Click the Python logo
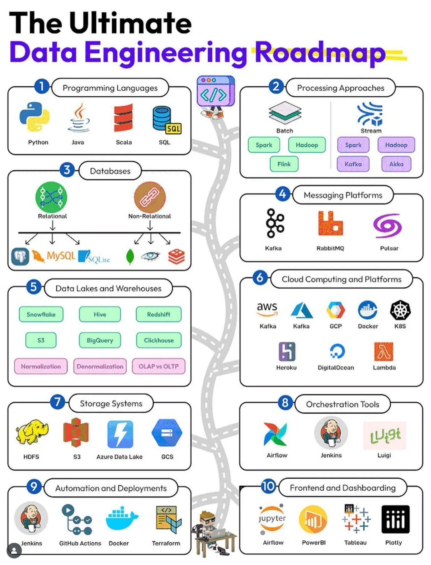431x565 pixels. coord(34,117)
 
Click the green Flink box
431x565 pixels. coord(284,164)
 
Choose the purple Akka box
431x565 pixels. coord(396,164)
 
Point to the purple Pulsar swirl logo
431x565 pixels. coord(388,225)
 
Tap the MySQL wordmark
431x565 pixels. coord(61,256)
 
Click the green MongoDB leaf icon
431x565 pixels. coord(130,257)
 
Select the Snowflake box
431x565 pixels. coord(41,314)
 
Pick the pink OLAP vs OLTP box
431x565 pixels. coord(159,366)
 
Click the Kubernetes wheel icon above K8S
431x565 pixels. coord(400,310)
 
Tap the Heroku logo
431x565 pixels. coord(287,351)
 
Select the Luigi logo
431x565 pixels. coord(385,436)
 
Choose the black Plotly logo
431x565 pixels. coord(395,519)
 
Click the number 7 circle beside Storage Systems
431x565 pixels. coord(58,401)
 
